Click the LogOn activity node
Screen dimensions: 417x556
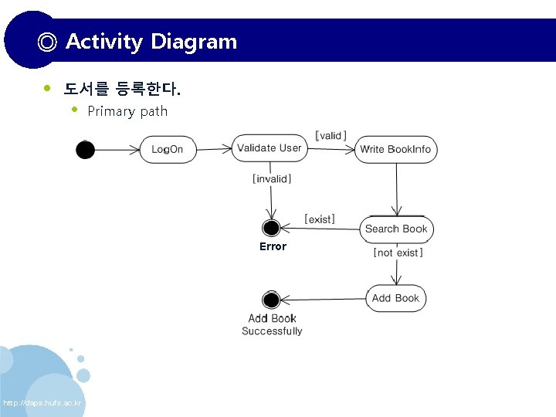[x=168, y=149]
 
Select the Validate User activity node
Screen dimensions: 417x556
[x=269, y=148]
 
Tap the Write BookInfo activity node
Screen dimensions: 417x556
[x=395, y=149]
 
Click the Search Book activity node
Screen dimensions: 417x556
[x=396, y=229]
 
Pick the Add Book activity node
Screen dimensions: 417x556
[x=395, y=298]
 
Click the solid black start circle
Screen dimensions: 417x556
[x=85, y=150]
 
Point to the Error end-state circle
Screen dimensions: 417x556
[x=271, y=228]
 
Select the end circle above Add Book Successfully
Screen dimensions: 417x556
[x=271, y=300]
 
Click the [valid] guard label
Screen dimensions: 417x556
[x=331, y=135]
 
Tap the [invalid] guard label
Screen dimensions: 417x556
[x=272, y=179]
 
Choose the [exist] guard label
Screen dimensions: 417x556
[x=320, y=219]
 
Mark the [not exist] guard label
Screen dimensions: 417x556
[x=398, y=253]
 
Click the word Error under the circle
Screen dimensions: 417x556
[x=273, y=246]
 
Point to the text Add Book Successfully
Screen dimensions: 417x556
[x=272, y=324]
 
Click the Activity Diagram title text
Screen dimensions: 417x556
[x=151, y=42]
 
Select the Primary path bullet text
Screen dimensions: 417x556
[x=127, y=111]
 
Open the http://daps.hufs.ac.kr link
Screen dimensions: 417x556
[x=42, y=404]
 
